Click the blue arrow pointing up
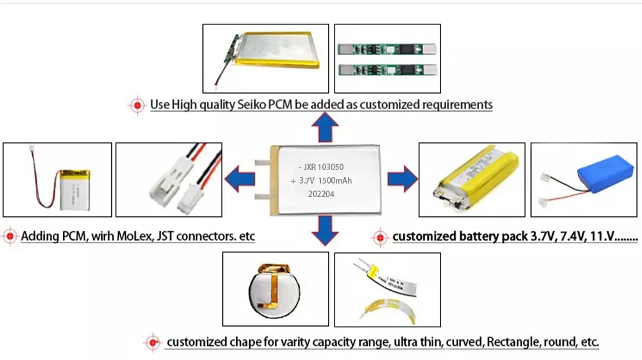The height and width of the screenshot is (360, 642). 325,129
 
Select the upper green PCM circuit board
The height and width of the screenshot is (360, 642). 387,49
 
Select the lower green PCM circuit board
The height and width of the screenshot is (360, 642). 387,69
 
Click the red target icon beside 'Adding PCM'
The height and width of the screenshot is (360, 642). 10,236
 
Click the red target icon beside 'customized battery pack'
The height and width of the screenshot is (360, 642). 380,237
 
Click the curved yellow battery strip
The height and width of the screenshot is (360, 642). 386,309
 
